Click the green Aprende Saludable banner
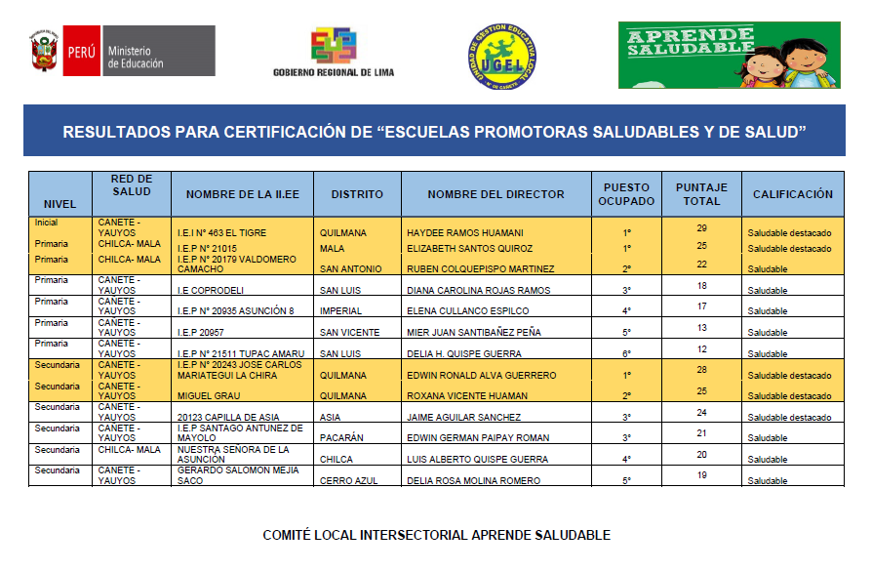[x=728, y=55]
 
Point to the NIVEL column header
[x=59, y=204]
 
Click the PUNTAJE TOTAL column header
[x=701, y=193]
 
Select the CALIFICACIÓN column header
[x=792, y=194]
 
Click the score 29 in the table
[x=701, y=227]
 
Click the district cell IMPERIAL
[x=342, y=311]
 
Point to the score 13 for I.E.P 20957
[x=701, y=328]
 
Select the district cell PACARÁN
[x=343, y=438]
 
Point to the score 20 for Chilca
[x=701, y=455]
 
